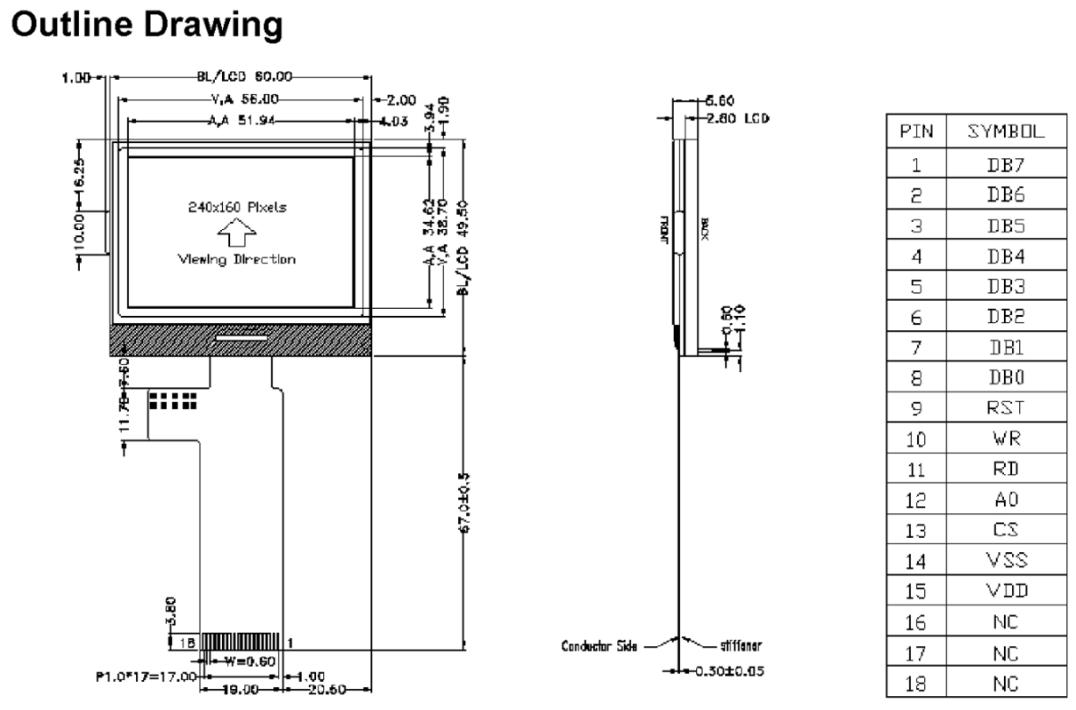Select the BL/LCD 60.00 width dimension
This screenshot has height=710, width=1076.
tap(240, 78)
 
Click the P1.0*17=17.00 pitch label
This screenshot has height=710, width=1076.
tap(145, 678)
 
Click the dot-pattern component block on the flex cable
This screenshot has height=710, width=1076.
tap(171, 400)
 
